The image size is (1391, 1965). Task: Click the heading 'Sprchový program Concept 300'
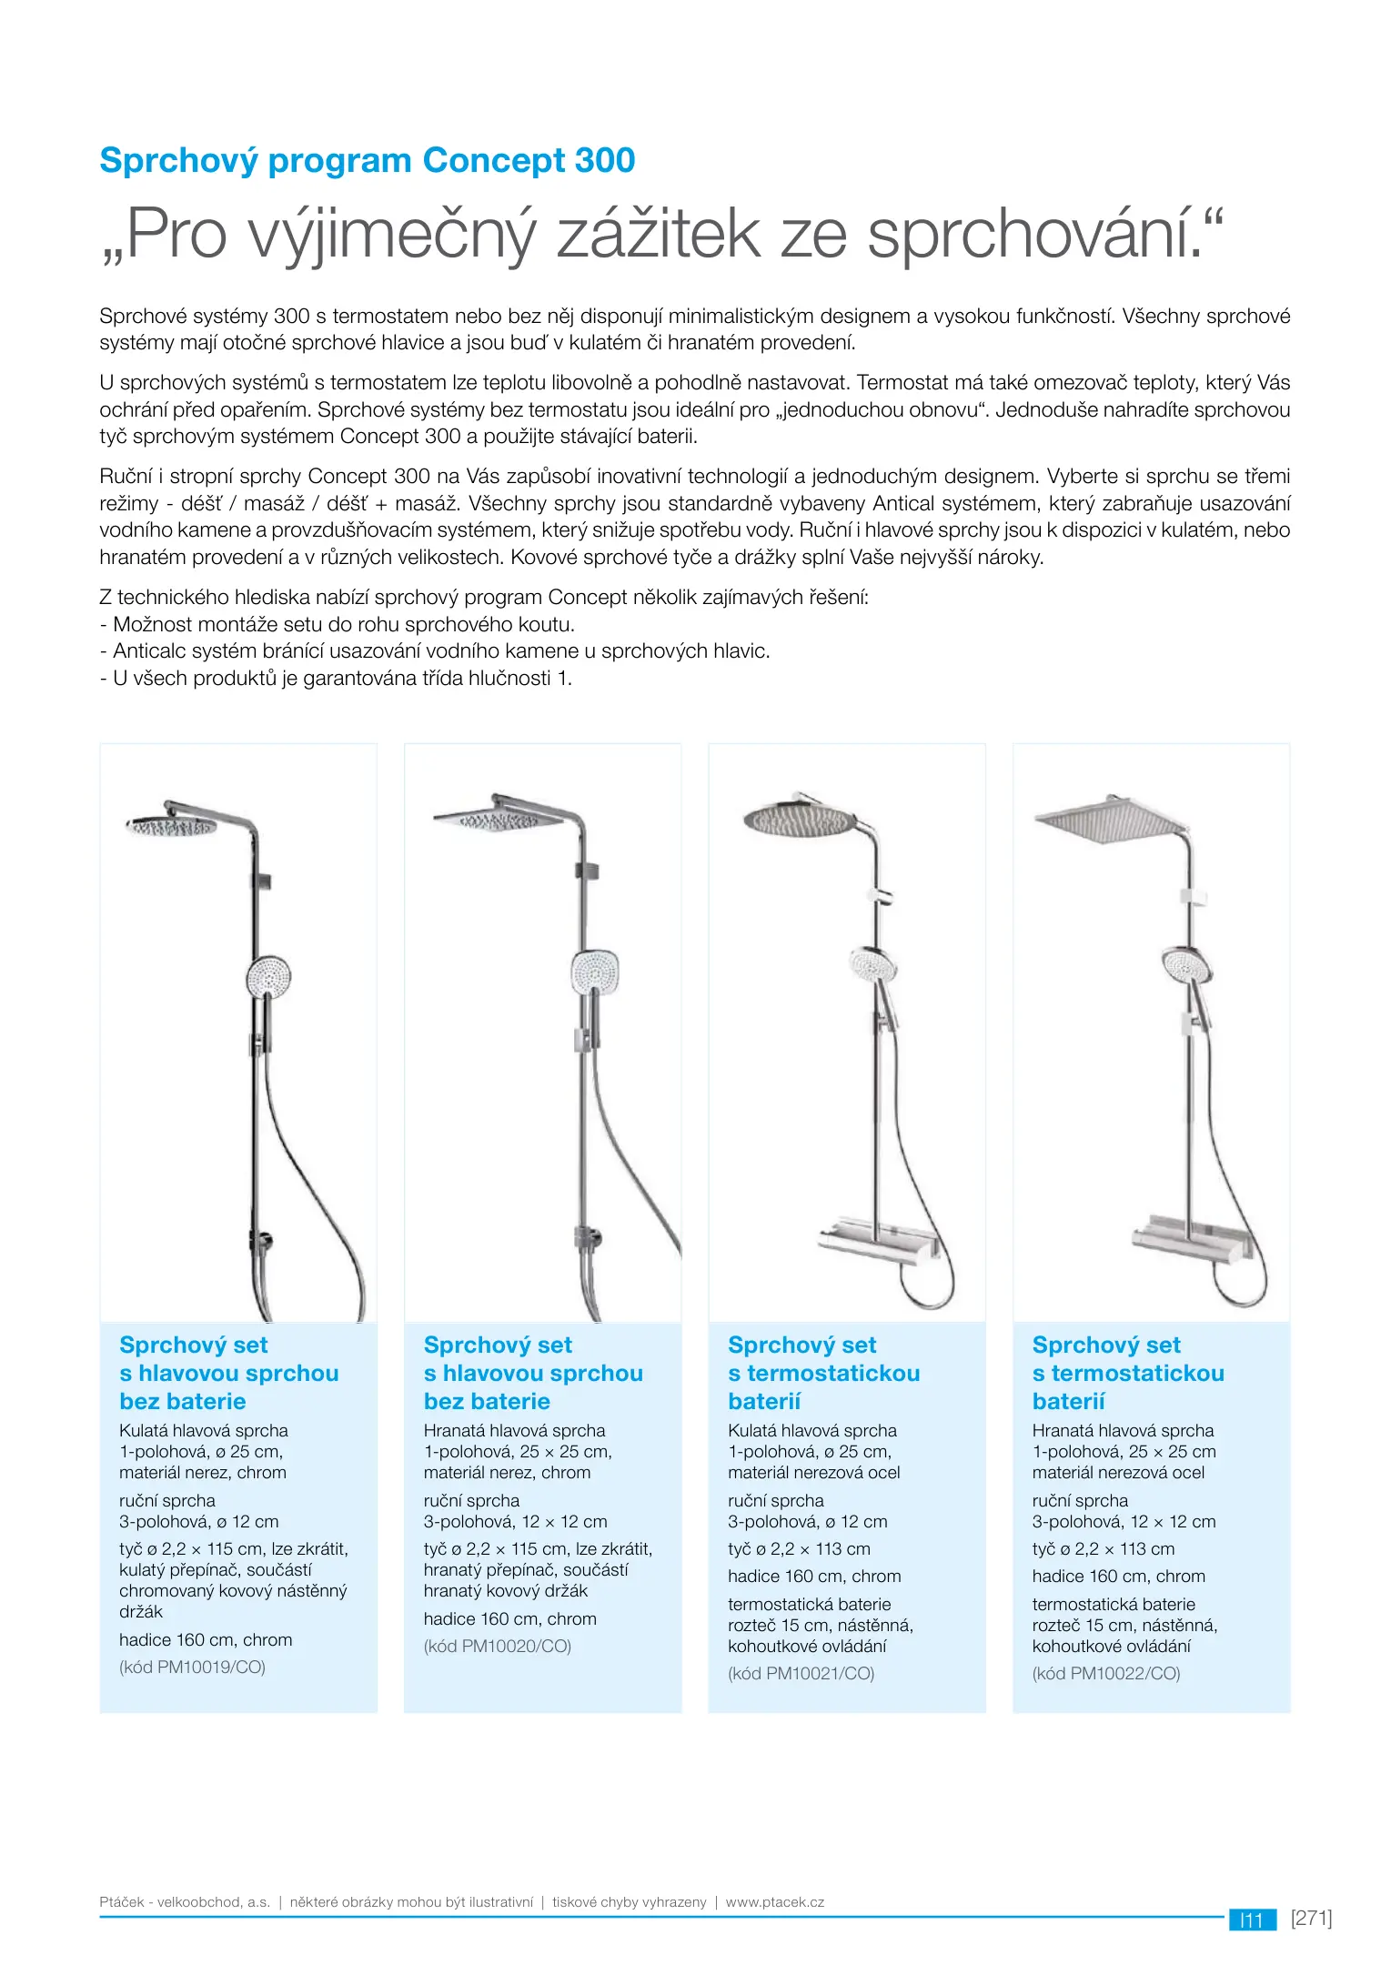point(367,161)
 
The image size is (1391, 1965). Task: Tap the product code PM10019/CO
point(192,1667)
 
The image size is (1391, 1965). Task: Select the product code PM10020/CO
point(497,1646)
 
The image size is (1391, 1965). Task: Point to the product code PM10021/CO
point(801,1673)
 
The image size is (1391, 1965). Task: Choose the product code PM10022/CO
point(1105,1673)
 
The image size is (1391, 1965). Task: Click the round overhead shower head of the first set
point(171,826)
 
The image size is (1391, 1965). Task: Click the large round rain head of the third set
point(801,818)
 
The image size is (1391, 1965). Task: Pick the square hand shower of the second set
point(595,972)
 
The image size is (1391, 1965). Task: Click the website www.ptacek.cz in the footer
point(775,1902)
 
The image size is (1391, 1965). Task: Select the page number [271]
point(1311,1919)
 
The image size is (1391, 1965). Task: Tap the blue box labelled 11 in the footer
point(1252,1920)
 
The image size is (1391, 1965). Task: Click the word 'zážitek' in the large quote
point(658,235)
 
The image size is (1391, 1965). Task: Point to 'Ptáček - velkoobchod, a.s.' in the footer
point(185,1902)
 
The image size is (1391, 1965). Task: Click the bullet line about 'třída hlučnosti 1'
point(336,678)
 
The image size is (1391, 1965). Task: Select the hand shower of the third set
point(872,963)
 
